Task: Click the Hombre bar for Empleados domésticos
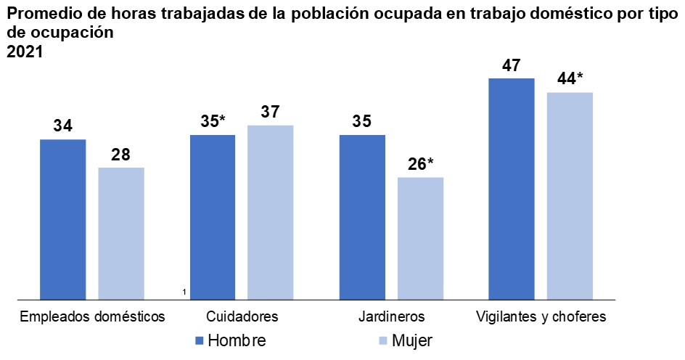pos(63,218)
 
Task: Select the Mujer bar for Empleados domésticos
pos(121,233)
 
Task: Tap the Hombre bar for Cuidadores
pos(213,216)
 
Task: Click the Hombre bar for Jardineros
pos(362,216)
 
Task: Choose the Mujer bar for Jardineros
pos(420,238)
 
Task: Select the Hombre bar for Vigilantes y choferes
pos(512,188)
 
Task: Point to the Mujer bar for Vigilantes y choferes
pos(570,195)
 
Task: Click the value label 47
pos(511,65)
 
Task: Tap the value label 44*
pos(570,79)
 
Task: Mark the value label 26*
pos(420,164)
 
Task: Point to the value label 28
pos(121,155)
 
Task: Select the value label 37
pos(271,112)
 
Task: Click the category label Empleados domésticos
pos(93,317)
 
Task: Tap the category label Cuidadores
pos(242,317)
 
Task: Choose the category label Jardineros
pos(391,317)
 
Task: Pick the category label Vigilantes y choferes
pos(541,317)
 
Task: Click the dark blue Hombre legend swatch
pos(200,340)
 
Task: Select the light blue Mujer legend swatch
pos(383,340)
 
